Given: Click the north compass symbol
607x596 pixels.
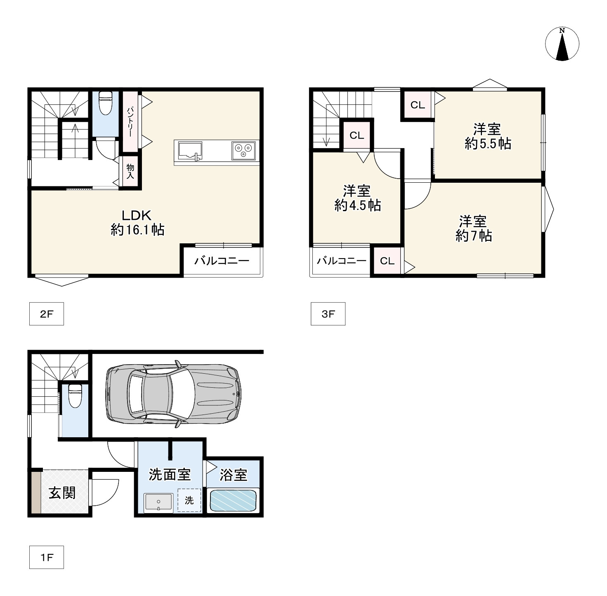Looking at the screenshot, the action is point(562,44).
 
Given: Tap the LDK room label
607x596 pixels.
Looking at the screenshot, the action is point(137,215).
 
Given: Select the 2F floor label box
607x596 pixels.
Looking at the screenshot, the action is point(47,314).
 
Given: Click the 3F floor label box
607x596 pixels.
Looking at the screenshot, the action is point(328,314).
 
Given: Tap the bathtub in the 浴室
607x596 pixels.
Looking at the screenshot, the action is point(233,501).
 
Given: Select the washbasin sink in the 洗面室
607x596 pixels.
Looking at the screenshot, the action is point(158,502).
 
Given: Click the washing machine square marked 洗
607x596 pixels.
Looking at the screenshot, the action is point(189,500).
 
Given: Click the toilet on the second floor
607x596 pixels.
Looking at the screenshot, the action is point(106,103).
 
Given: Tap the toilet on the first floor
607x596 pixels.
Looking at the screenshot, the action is point(75,396).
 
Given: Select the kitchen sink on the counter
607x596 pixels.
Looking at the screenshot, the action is point(190,151).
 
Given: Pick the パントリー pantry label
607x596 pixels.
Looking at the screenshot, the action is point(130,122).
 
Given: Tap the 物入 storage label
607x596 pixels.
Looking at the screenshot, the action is point(130,171).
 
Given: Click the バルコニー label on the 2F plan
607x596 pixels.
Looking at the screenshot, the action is point(222,261).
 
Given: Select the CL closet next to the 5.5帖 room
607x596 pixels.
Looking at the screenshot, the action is point(418,105).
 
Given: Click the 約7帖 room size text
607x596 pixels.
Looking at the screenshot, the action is point(473,236).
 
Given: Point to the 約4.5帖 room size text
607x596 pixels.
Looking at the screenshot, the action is point(357,205).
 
